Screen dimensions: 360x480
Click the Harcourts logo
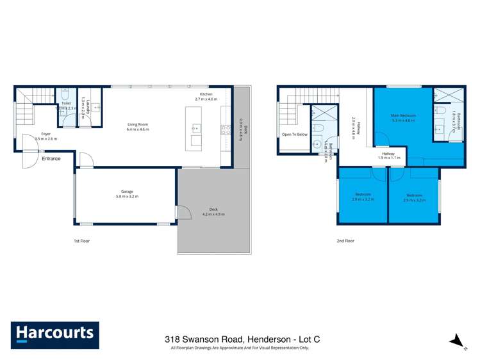pyautogui.click(x=54, y=334)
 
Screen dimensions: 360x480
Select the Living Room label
pyautogui.click(x=138, y=124)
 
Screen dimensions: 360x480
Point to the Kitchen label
pyautogui.click(x=204, y=94)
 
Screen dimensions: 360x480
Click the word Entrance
pyautogui.click(x=51, y=158)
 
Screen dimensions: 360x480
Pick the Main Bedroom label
pyautogui.click(x=404, y=115)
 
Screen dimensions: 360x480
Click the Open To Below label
pyautogui.click(x=295, y=135)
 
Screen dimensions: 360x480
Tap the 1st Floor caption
pyautogui.click(x=81, y=241)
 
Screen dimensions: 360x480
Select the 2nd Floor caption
pyautogui.click(x=345, y=241)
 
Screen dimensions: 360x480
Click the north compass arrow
pyautogui.click(x=456, y=340)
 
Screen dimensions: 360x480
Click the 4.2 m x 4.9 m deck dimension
pyautogui.click(x=213, y=214)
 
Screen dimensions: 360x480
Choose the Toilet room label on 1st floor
pyautogui.click(x=65, y=103)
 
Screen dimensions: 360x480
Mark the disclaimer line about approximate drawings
pyautogui.click(x=240, y=348)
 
